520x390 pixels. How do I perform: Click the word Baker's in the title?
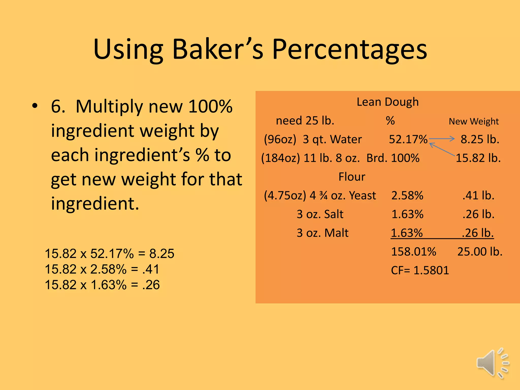(218, 50)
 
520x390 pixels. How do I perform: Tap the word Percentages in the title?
(350, 50)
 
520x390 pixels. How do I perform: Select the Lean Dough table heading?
(387, 102)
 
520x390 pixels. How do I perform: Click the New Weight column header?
(474, 121)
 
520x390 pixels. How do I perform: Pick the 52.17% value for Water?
(408, 139)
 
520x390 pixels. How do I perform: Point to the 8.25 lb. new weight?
(480, 139)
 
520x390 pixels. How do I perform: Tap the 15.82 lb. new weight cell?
(478, 158)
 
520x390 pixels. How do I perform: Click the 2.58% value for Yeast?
(407, 196)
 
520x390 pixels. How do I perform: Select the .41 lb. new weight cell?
(478, 196)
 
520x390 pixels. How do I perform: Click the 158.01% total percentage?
(414, 252)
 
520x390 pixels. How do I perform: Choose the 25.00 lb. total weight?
(480, 252)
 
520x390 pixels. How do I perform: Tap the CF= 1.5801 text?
(420, 270)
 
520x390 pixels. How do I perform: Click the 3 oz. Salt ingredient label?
(320, 214)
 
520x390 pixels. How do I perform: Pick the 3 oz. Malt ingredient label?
(322, 233)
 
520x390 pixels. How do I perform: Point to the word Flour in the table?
(352, 177)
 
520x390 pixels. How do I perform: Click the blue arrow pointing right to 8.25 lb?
(442, 139)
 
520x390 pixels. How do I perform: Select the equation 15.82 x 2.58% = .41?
(102, 269)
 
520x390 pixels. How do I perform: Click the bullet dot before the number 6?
(35, 106)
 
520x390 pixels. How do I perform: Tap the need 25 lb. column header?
(305, 121)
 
